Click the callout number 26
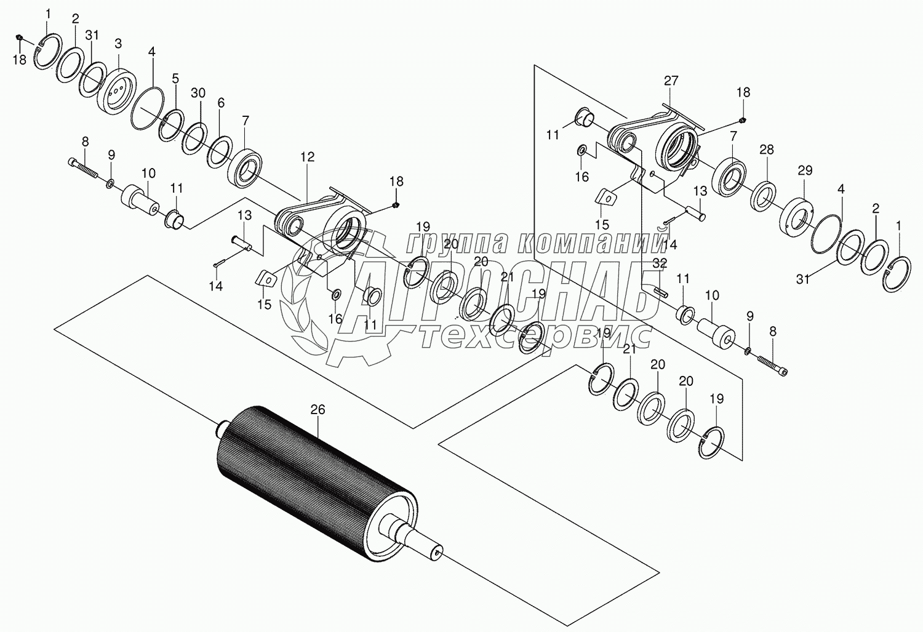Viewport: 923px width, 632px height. tap(318, 409)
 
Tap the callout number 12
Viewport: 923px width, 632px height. tap(307, 157)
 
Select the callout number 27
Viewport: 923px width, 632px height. tap(671, 80)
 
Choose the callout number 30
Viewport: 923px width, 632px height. tap(198, 92)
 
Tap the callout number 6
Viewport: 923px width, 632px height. tap(220, 105)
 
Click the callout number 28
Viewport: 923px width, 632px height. tap(767, 150)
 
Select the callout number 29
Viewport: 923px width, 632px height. tap(805, 170)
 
